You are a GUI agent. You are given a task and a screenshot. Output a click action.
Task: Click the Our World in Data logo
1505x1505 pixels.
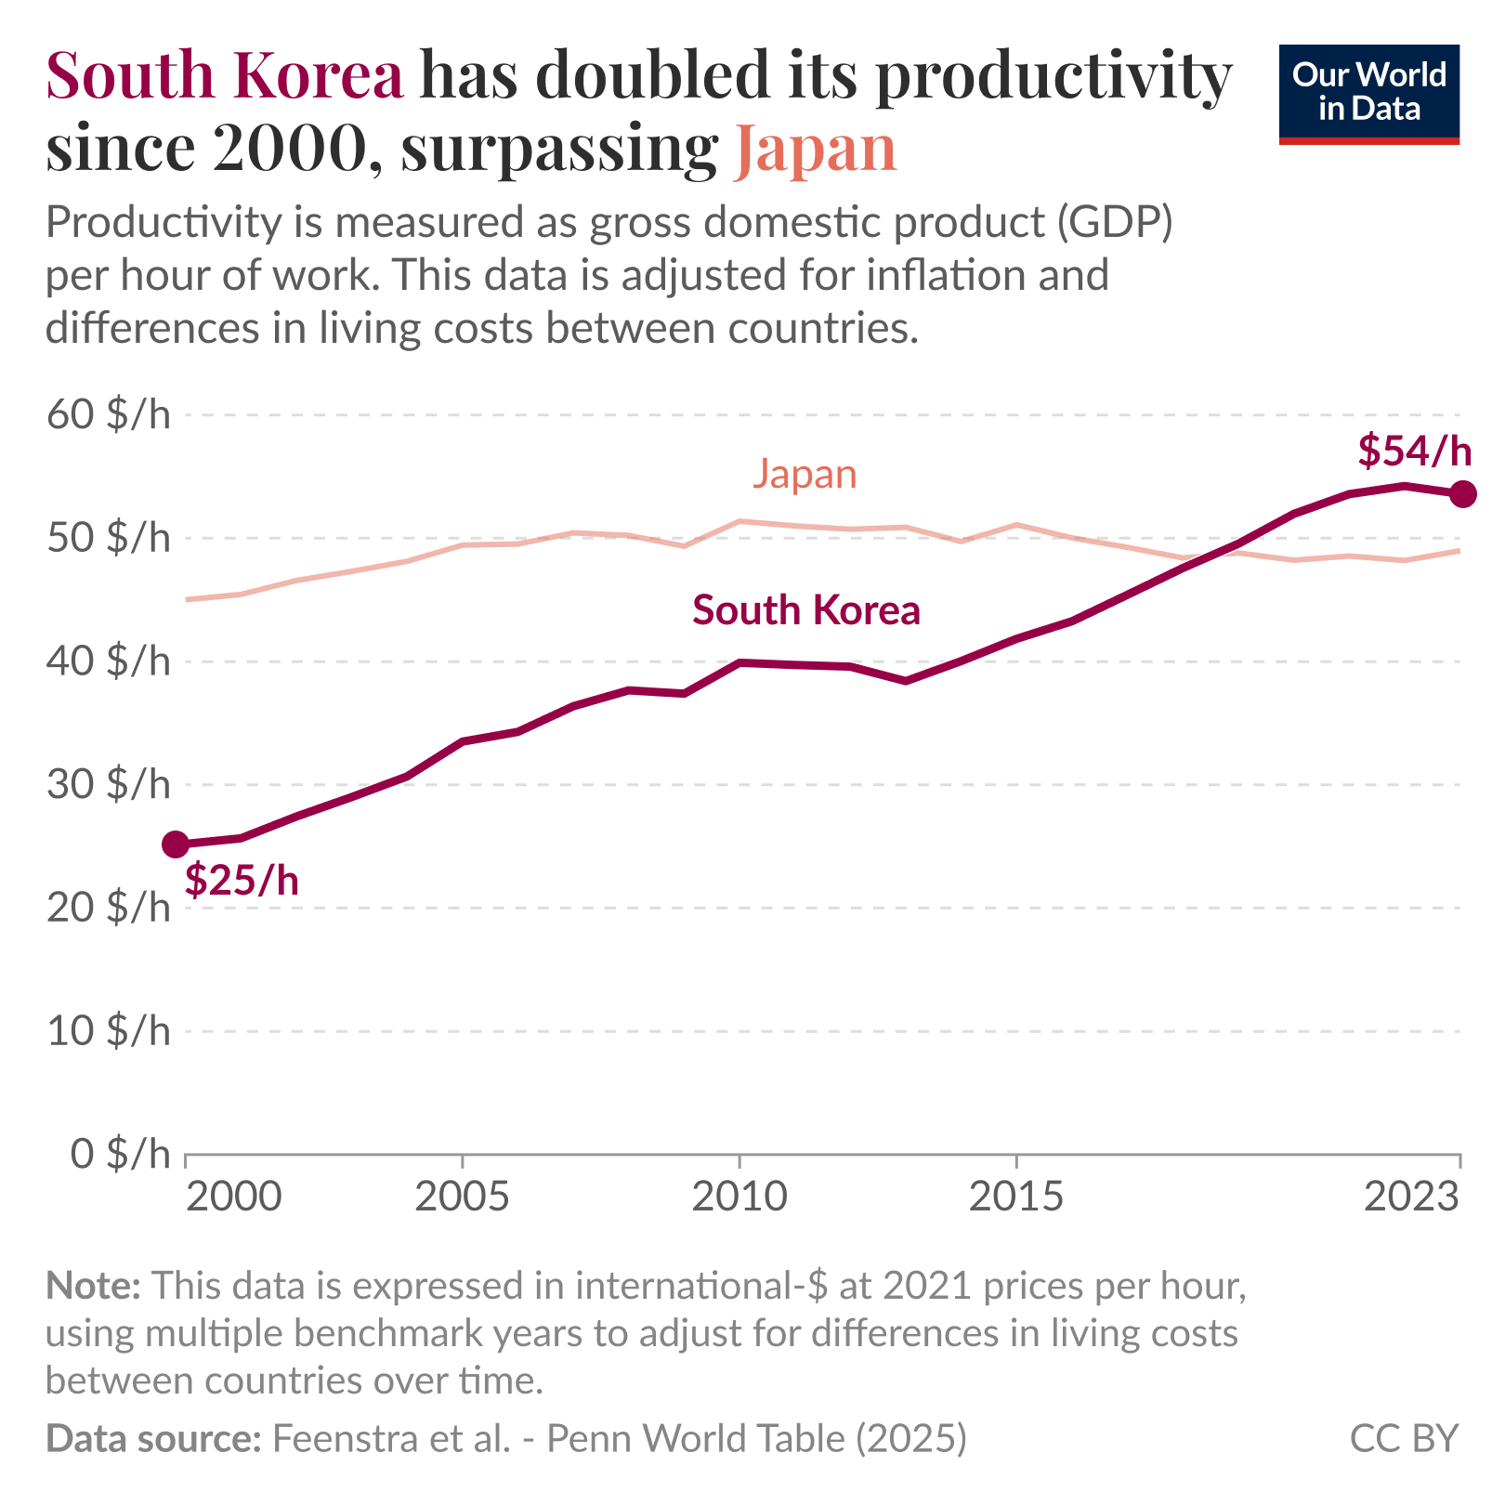click(1368, 94)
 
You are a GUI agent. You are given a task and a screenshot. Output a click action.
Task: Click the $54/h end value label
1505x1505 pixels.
click(1414, 451)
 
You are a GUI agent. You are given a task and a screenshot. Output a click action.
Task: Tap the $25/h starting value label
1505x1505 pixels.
click(242, 880)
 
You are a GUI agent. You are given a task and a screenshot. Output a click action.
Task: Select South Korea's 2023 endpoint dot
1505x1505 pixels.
click(1462, 494)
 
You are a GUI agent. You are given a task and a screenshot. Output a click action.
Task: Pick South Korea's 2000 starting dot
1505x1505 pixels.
click(177, 844)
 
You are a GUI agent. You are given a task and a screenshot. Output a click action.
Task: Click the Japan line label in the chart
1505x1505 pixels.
click(804, 475)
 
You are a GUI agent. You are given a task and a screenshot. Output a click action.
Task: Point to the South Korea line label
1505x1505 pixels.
click(805, 611)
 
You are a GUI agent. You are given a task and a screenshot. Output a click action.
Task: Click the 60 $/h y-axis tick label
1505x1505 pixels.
click(109, 415)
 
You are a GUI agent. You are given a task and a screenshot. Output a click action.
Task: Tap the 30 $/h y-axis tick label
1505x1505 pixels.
click(109, 785)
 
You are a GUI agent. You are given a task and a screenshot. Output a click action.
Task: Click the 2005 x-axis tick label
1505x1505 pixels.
click(462, 1197)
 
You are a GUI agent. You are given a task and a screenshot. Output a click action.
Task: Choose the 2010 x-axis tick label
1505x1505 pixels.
click(739, 1197)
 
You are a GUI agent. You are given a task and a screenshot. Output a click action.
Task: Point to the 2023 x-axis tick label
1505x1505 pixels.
click(1411, 1197)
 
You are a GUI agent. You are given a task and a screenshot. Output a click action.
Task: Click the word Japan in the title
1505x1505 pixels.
click(815, 149)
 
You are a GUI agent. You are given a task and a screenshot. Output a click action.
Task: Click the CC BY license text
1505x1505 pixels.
click(1404, 1439)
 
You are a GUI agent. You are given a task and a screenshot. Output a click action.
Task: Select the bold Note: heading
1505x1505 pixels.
click(93, 1286)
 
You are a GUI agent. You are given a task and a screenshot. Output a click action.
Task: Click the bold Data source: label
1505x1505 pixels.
click(153, 1439)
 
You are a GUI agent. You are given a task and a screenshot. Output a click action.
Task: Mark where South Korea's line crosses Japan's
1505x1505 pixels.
click(1212, 555)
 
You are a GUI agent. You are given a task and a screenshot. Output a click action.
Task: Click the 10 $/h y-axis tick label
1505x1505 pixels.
click(109, 1031)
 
